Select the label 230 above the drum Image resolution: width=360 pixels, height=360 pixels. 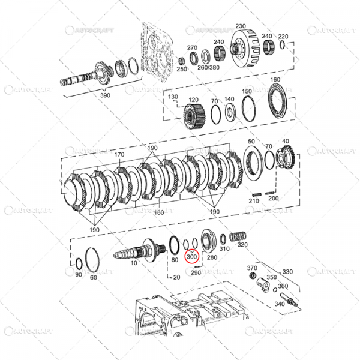[241, 26]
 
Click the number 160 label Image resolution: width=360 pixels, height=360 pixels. [275, 80]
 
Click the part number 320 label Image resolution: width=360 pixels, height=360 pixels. [242, 244]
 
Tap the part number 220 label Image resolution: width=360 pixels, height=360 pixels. [284, 37]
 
